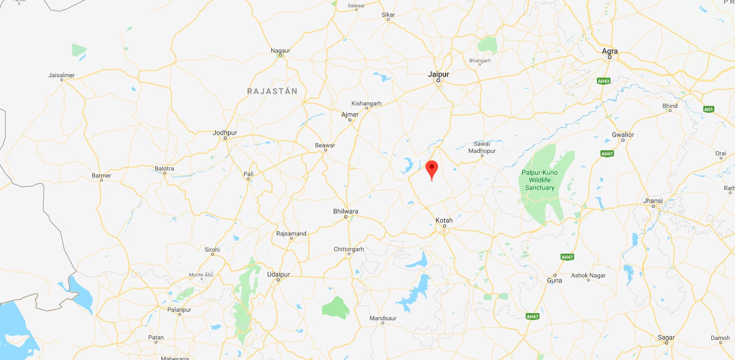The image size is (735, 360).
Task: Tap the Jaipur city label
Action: point(438,74)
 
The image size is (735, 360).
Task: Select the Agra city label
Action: point(609,51)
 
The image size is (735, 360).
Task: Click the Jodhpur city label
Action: point(225,133)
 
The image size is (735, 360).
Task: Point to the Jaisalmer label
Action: point(62,75)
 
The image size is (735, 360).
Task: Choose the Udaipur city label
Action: point(278,274)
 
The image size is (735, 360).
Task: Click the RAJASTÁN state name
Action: point(272,91)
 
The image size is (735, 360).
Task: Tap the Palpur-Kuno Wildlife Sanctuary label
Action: point(540,180)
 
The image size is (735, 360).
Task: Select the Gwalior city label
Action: point(623,135)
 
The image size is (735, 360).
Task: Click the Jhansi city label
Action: point(653,201)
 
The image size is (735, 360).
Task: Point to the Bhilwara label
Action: point(346,211)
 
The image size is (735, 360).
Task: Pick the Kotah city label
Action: point(444,220)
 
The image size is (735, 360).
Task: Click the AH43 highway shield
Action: point(603,81)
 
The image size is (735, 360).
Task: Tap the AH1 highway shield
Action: point(709,109)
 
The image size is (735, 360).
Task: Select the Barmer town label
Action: point(101,175)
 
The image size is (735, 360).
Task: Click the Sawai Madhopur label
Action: point(482,147)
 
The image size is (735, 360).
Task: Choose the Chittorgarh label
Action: point(349,249)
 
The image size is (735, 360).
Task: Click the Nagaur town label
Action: point(280,50)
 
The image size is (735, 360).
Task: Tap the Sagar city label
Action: point(666,337)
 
